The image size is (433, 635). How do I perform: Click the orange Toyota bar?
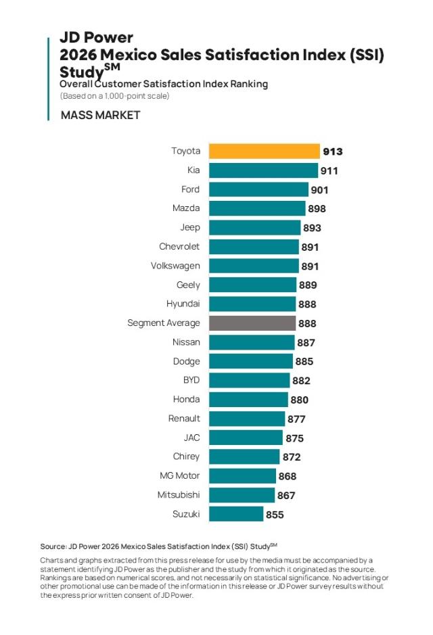[x=264, y=151]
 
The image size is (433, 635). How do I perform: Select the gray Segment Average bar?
[x=252, y=323]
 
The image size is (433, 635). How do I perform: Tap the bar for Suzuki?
[x=235, y=514]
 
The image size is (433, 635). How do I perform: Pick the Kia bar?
[x=263, y=170]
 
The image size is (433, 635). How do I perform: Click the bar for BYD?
[x=249, y=380]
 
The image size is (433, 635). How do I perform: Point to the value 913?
[x=333, y=152]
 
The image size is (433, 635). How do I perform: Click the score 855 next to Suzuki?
[x=275, y=515]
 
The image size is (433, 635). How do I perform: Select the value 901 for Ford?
[x=320, y=190]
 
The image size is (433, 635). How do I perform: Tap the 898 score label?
[x=316, y=209]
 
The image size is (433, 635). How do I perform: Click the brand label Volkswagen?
[x=175, y=266]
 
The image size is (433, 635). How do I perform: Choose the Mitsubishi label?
[x=179, y=495]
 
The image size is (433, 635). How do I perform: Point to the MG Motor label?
[x=179, y=476]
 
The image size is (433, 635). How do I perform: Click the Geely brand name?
[x=188, y=285]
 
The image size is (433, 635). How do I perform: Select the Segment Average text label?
[x=164, y=323]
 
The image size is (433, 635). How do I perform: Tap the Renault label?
[x=184, y=419]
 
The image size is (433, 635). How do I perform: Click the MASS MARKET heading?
[x=101, y=116]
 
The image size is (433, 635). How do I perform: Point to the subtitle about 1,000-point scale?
[x=114, y=96]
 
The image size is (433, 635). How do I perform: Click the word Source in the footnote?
[x=53, y=546]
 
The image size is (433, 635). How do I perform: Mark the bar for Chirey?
[x=244, y=456]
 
